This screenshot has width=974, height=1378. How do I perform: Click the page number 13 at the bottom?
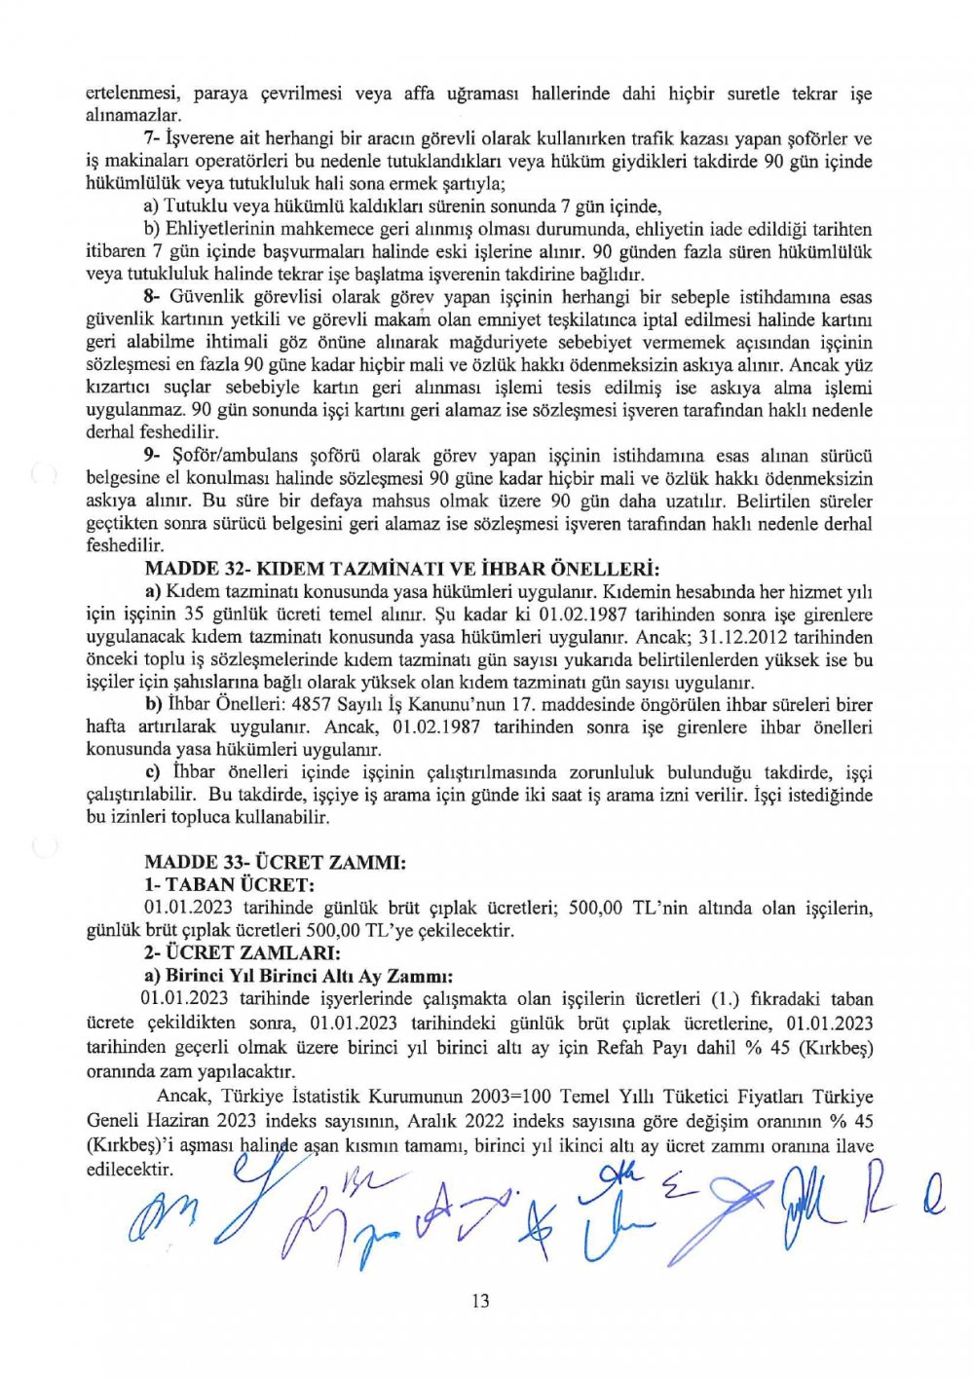tap(479, 1301)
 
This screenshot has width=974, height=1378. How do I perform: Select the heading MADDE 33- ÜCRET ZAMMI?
tap(274, 862)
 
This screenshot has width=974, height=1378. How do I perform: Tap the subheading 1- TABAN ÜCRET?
tap(229, 884)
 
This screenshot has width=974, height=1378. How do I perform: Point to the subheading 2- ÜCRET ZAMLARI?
tap(243, 952)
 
